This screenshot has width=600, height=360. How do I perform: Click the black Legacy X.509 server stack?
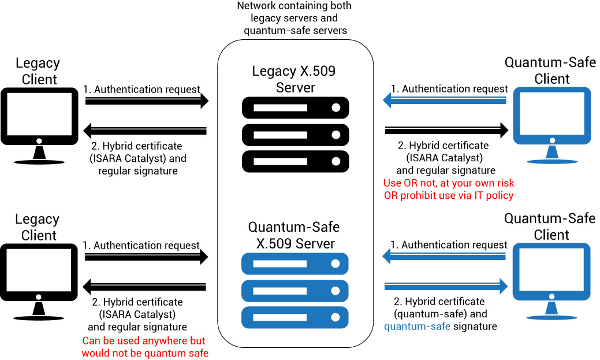295,133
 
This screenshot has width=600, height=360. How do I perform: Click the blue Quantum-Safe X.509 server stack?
295,291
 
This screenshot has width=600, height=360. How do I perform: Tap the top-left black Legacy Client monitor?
39,116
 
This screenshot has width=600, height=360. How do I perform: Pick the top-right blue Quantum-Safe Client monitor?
552,116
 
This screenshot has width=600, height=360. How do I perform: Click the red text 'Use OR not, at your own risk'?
449,183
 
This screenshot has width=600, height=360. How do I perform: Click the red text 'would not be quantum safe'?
144,353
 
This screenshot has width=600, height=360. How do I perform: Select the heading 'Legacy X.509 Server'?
294,80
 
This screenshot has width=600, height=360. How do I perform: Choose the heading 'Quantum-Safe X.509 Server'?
294,235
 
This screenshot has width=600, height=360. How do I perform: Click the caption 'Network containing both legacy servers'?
294,17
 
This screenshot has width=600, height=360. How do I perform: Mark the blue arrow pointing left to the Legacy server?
445,102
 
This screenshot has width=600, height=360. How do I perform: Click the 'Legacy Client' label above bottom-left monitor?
38,227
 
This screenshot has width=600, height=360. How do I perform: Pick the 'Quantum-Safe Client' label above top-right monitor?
550,70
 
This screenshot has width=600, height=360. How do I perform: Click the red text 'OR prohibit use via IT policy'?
449,195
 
